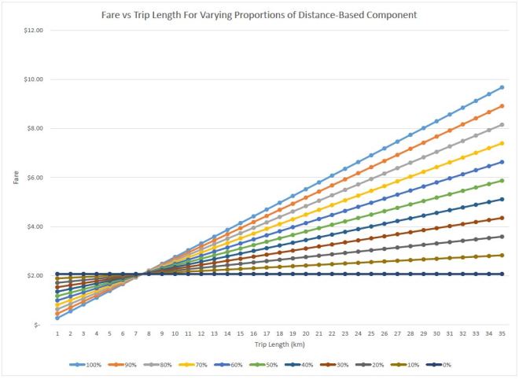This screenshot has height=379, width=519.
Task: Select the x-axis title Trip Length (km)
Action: pyautogui.click(x=279, y=343)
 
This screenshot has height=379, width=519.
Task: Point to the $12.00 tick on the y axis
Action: pyautogui.click(x=35, y=30)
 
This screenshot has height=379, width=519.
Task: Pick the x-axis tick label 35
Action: pyautogui.click(x=501, y=333)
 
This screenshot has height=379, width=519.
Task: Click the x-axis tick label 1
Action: pyautogui.click(x=57, y=333)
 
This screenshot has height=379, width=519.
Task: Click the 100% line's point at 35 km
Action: pyautogui.click(x=501, y=87)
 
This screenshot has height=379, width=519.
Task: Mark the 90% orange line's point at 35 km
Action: pyautogui.click(x=501, y=105)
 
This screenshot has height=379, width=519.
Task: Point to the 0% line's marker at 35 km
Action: pyautogui.click(x=501, y=274)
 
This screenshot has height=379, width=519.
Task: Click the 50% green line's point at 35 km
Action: pyautogui.click(x=501, y=180)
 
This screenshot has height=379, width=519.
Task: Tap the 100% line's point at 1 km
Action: pyautogui.click(x=57, y=318)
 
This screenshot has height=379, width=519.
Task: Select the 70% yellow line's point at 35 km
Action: pyautogui.click(x=501, y=143)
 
